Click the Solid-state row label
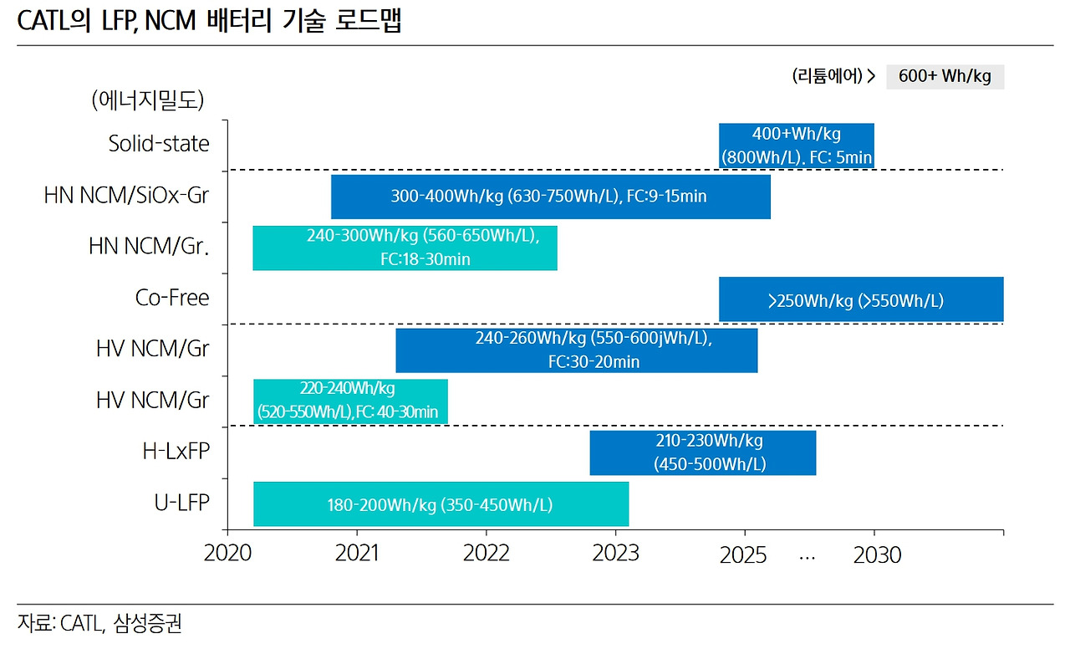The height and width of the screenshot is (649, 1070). tap(159, 144)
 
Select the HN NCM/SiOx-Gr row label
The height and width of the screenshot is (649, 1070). tap(127, 196)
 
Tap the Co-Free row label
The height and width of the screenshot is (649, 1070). tap(172, 298)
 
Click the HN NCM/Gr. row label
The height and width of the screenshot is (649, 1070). tap(149, 247)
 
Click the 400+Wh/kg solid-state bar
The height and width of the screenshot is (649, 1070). tap(796, 146)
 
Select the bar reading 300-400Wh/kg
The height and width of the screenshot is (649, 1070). tap(550, 197)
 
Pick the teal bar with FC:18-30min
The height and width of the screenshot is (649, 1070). tap(405, 248)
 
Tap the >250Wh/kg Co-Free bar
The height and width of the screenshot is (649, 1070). tap(860, 299)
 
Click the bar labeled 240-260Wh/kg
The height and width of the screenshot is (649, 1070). tap(576, 350)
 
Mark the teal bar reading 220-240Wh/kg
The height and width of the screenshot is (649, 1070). tap(350, 401)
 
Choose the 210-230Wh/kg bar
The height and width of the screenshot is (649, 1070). tap(702, 452)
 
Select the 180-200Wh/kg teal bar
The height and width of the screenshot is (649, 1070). tap(441, 504)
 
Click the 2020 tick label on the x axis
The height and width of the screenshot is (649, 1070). tap(227, 554)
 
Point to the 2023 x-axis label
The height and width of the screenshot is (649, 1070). tap(615, 554)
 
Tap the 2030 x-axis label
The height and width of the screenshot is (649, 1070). tap(877, 554)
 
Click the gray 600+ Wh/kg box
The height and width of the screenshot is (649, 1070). tap(945, 76)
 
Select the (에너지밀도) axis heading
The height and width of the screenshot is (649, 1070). tap(148, 100)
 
